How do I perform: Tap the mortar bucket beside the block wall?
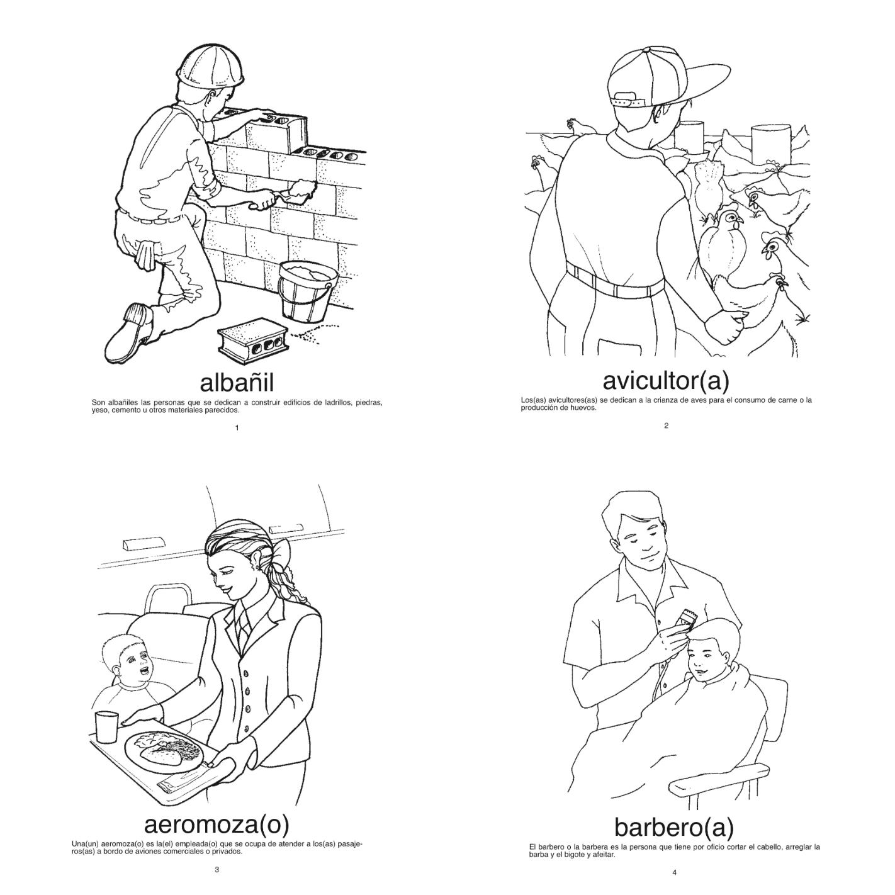(308, 291)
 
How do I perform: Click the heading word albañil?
(237, 383)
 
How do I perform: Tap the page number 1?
(237, 428)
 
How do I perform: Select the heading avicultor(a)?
(665, 381)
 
